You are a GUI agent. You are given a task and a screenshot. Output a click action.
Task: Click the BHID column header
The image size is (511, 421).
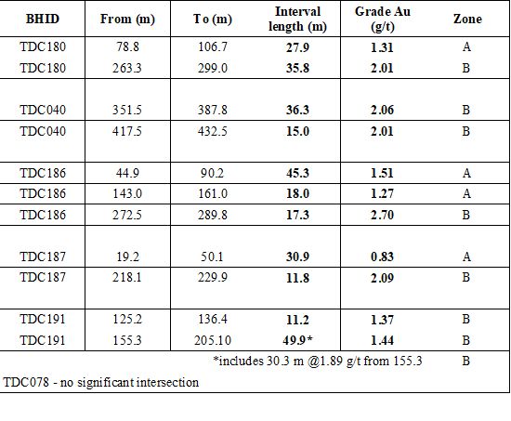(43, 19)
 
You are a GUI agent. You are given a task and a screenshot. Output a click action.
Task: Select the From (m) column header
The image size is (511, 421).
(127, 19)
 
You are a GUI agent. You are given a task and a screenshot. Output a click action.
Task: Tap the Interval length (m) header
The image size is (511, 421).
(297, 19)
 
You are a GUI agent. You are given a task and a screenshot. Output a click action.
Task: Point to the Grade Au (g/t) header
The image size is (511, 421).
(383, 19)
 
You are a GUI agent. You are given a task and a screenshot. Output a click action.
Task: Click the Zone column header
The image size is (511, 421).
(467, 19)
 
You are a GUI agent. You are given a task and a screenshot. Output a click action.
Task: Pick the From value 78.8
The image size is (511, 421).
(127, 46)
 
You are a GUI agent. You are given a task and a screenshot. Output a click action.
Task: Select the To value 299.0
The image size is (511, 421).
(213, 68)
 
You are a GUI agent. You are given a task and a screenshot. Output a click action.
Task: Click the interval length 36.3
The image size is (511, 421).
(297, 110)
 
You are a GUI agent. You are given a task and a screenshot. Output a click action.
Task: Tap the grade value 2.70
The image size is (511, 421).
(382, 215)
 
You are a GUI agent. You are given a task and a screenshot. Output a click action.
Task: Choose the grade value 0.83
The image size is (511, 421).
(382, 257)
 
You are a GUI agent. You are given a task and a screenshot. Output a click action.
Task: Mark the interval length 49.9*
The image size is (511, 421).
(297, 340)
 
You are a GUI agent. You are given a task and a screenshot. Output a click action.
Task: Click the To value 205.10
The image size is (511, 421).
(213, 340)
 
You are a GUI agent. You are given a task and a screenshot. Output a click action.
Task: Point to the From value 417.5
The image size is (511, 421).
(127, 131)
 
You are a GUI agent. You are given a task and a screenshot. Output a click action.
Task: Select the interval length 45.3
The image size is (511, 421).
(297, 173)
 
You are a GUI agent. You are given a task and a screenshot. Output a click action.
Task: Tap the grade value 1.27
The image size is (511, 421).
(382, 193)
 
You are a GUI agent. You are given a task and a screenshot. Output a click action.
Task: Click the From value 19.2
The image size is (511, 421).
(127, 257)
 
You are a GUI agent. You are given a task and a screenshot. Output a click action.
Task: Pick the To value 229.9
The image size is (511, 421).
(213, 278)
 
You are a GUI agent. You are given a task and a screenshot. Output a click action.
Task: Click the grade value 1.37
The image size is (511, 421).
(382, 320)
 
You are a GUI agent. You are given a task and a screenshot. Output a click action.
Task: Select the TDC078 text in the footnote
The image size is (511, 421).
(26, 382)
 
